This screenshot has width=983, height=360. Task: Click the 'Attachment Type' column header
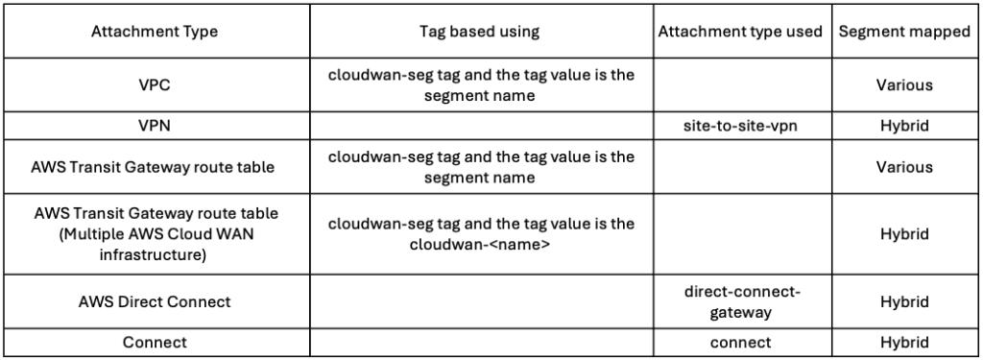[x=155, y=32]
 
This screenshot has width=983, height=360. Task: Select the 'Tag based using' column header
[x=481, y=32]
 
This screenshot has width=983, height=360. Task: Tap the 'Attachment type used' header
[x=740, y=32]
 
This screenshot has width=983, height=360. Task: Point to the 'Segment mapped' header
[x=903, y=32]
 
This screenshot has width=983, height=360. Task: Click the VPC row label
[x=155, y=84]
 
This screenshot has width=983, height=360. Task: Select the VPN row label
[x=155, y=125]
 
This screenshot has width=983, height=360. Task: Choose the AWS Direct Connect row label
[x=155, y=301]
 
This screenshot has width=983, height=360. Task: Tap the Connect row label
[x=155, y=343]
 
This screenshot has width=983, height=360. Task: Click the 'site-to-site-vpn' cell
[x=740, y=125]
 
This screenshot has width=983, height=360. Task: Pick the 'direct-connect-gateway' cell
[x=740, y=301]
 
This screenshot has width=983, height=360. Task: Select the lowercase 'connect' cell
[x=740, y=343]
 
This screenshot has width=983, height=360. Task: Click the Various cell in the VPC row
[x=903, y=84]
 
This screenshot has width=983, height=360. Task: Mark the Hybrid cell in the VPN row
[x=903, y=125]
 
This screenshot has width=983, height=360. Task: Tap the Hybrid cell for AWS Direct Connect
[x=903, y=301]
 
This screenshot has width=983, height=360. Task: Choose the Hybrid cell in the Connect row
[x=903, y=343]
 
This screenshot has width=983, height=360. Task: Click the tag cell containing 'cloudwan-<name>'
[x=481, y=233]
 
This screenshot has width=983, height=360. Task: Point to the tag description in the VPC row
[x=481, y=84]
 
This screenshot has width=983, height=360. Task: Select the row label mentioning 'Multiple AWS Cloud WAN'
[x=155, y=233]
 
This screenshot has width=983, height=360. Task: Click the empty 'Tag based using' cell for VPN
[x=481, y=125]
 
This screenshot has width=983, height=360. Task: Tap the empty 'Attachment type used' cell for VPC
[x=740, y=84]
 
